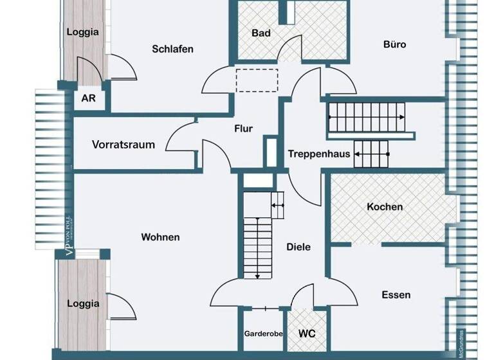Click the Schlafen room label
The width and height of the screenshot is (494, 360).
172,49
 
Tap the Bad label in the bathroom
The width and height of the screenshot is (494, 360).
261,33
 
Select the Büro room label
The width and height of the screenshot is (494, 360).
394,44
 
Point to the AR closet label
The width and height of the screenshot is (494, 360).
88,100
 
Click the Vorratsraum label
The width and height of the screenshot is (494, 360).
123,145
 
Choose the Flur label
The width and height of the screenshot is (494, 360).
244,129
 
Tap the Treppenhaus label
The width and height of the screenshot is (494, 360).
319,154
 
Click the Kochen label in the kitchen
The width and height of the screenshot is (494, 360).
385,206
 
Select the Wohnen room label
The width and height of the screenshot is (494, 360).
160,237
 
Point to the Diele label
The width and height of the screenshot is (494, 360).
298,247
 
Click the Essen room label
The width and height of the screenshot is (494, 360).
396,295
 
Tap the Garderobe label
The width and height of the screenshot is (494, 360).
263,334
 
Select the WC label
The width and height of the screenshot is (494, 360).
306,334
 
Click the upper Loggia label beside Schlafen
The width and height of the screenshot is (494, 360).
83,32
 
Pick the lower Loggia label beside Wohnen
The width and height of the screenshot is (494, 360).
84,303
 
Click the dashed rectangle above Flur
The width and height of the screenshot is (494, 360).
256,80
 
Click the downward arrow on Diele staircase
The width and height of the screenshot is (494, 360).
257,275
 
